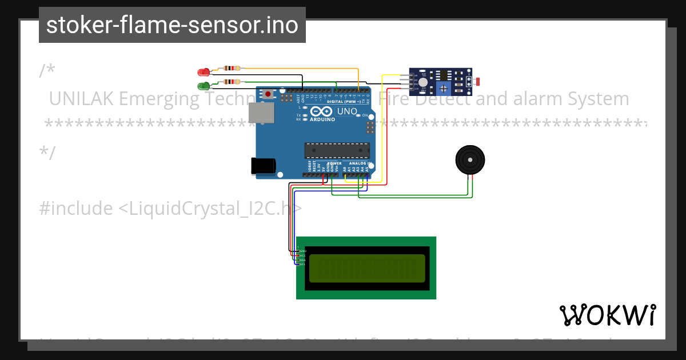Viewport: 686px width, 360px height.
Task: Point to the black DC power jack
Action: [x=264, y=165]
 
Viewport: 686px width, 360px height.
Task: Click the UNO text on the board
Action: [x=346, y=111]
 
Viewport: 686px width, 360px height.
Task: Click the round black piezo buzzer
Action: [x=469, y=158]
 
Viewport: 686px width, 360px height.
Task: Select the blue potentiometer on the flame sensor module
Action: [x=442, y=87]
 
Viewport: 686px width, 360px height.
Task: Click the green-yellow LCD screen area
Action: [x=366, y=268]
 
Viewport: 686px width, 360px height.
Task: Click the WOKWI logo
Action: [x=608, y=315]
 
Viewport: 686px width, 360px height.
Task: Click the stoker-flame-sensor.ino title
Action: [x=172, y=25]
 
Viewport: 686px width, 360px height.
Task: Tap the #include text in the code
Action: [x=75, y=209]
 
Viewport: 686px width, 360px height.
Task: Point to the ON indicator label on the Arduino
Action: [x=364, y=115]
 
